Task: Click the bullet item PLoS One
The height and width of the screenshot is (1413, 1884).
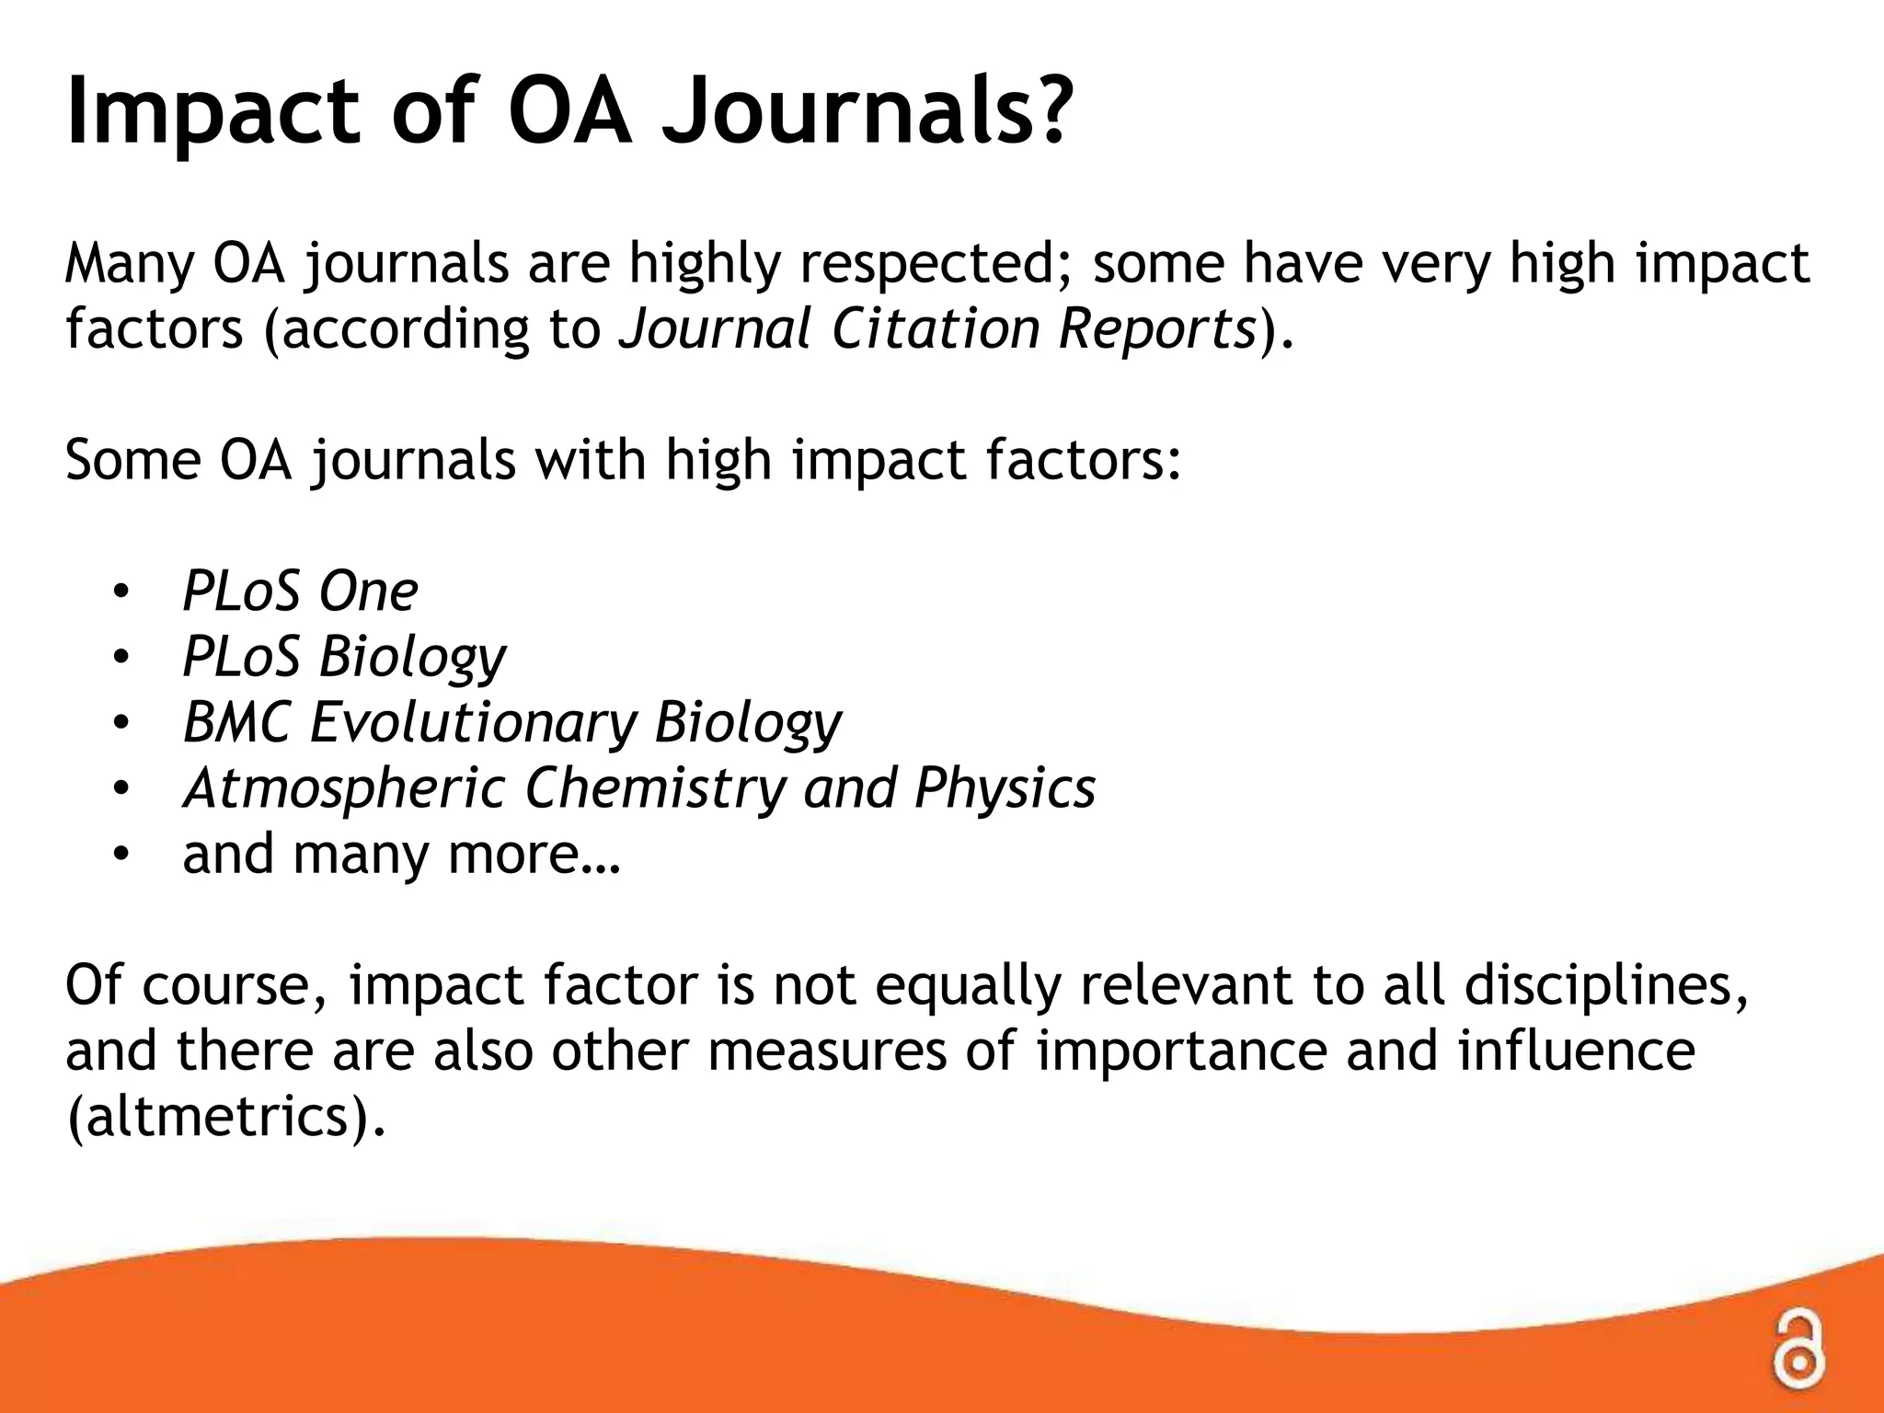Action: pyautogui.click(x=300, y=591)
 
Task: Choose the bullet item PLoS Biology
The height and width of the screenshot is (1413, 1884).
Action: pyautogui.click(x=344, y=657)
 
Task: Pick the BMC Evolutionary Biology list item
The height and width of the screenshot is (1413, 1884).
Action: pyautogui.click(x=511, y=723)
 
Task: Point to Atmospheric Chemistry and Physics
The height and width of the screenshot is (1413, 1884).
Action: pyautogui.click(x=638, y=788)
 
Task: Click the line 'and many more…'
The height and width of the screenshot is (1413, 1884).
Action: pyautogui.click(x=402, y=855)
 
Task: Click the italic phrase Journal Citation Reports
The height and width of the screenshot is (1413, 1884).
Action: pyautogui.click(x=937, y=328)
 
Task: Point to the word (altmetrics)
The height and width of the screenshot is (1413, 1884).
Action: pyautogui.click(x=226, y=1116)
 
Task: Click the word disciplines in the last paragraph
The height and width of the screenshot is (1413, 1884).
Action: pyautogui.click(x=1605, y=985)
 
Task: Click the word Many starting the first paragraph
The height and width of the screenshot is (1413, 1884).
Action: pyautogui.click(x=129, y=263)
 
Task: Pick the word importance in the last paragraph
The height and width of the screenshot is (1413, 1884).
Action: pyautogui.click(x=1181, y=1051)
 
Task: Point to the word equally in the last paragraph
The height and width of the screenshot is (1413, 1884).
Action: pyautogui.click(x=967, y=985)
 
